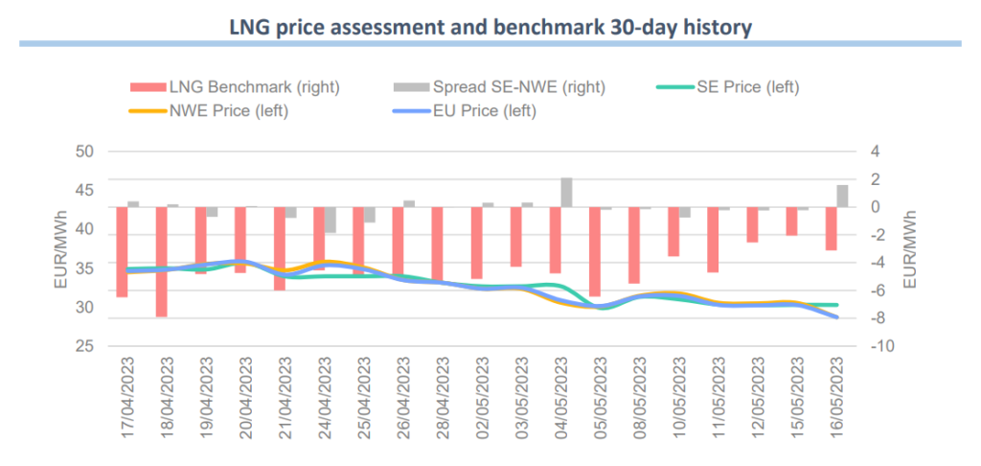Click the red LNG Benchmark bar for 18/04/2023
(162, 261)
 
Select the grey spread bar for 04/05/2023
(567, 193)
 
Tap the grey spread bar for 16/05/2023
(842, 196)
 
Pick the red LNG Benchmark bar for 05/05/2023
(594, 251)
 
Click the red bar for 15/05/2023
(791, 221)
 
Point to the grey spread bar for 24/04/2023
(331, 220)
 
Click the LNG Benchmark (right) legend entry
(236, 87)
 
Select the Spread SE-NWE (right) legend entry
(499, 87)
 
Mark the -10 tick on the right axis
(879, 346)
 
